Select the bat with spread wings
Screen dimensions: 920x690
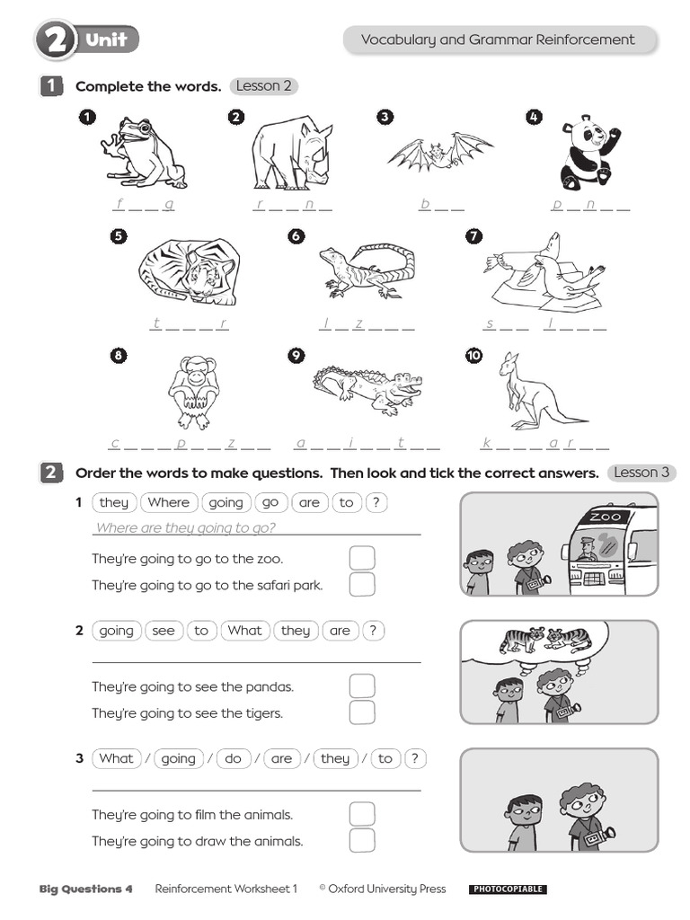click(440, 153)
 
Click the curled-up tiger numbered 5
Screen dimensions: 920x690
click(190, 271)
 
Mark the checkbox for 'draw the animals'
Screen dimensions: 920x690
click(361, 841)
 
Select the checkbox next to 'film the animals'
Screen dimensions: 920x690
click(361, 814)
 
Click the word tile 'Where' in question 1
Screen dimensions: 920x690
click(169, 503)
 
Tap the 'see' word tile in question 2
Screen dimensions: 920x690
click(164, 631)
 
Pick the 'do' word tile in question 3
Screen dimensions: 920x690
click(233, 759)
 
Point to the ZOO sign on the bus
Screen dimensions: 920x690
click(605, 517)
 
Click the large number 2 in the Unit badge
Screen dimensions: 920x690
click(55, 40)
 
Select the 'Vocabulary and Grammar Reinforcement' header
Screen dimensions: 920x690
click(498, 40)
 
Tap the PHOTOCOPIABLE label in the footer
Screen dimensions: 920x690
click(508, 889)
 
